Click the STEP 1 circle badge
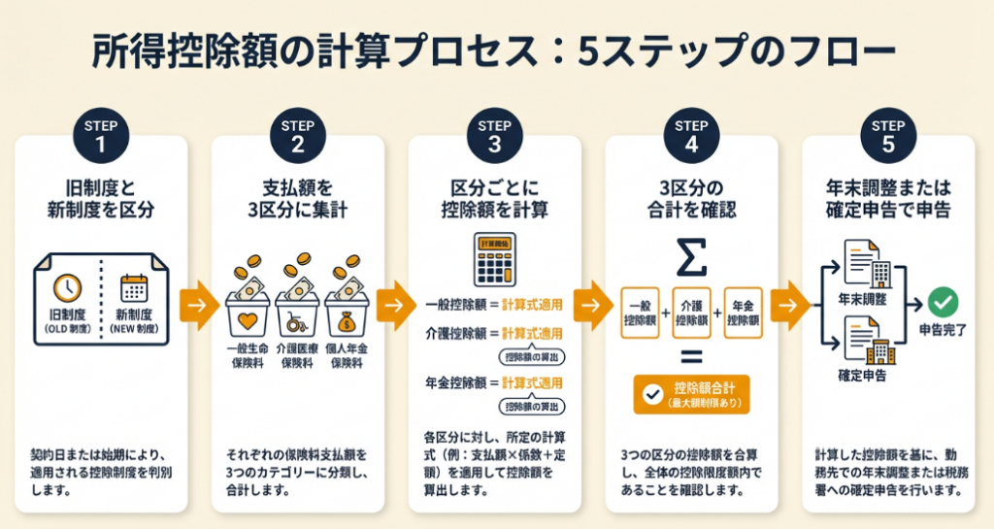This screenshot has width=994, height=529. (x=101, y=137)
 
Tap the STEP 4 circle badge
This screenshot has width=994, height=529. (x=691, y=137)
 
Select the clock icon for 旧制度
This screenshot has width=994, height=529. (x=67, y=288)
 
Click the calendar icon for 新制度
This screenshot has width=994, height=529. (x=134, y=288)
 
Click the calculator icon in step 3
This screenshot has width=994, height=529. (x=494, y=258)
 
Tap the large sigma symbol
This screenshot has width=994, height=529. (x=690, y=257)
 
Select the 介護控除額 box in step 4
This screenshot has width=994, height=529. (x=691, y=313)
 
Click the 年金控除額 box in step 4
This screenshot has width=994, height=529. (x=743, y=313)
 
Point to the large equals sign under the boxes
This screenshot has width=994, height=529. (x=690, y=354)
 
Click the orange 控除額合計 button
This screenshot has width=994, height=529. (x=690, y=394)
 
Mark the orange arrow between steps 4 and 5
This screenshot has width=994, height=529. (x=790, y=306)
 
